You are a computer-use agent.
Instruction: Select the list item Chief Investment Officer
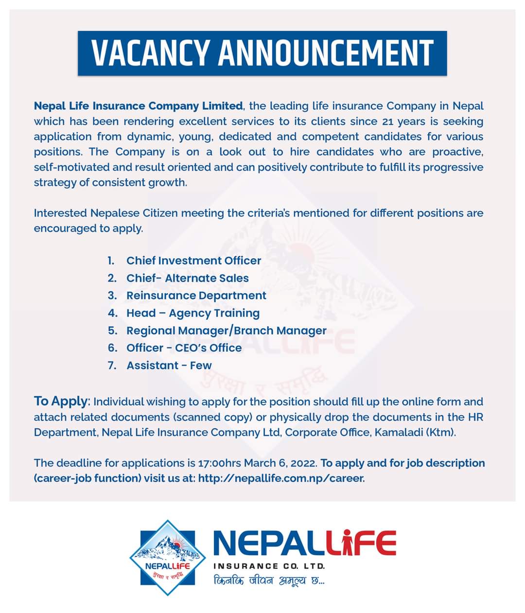coord(193,261)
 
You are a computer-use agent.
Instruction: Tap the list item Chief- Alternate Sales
coord(187,278)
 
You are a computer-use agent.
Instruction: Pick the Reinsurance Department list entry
coord(196,296)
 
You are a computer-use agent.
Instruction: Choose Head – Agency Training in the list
coord(192,313)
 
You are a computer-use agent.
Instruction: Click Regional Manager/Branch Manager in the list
coord(226,331)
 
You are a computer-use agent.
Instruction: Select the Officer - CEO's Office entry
coord(184,348)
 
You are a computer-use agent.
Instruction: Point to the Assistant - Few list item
coord(169,365)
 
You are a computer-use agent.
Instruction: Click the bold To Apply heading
coord(61,401)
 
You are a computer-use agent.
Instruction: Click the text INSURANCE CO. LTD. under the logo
coord(269,566)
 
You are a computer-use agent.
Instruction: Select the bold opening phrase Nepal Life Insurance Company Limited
coord(138,106)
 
